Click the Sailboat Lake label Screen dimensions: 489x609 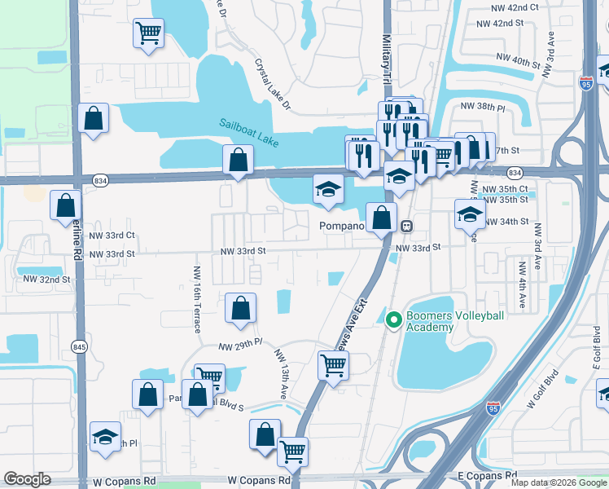pyautogui.click(x=249, y=134)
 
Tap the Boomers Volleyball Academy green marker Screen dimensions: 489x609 pyautogui.click(x=394, y=319)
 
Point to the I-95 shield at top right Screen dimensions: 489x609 pyautogui.click(x=586, y=82)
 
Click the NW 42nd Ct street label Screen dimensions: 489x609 pyautogui.click(x=516, y=7)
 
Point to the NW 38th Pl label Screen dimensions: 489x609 pyautogui.click(x=483, y=107)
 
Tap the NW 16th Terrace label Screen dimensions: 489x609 pyautogui.click(x=197, y=299)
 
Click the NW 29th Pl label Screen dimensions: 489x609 pyautogui.click(x=241, y=347)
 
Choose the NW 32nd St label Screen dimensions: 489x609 pyautogui.click(x=46, y=279)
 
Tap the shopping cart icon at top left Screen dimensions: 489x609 pyautogui.click(x=148, y=33)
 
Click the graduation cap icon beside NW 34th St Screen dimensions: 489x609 pyautogui.click(x=470, y=214)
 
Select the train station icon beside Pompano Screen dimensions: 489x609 pyautogui.click(x=405, y=226)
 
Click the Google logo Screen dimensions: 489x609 pyautogui.click(x=27, y=479)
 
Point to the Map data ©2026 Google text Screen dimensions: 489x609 pyautogui.click(x=558, y=482)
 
